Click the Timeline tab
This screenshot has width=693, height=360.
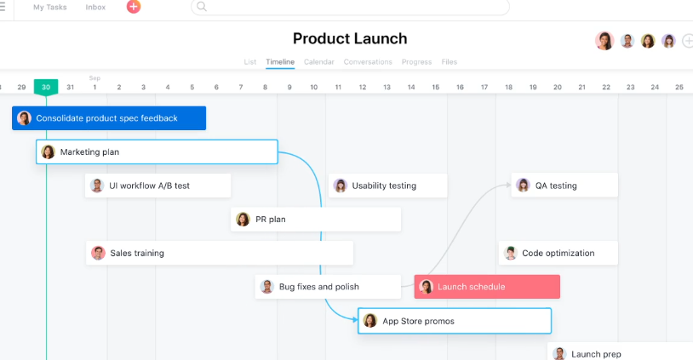click(280, 62)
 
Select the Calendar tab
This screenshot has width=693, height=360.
click(318, 62)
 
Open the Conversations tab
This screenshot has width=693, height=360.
click(368, 62)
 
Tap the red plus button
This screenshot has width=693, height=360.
click(134, 7)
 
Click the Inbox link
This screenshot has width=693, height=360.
click(95, 7)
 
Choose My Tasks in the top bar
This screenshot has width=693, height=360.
click(50, 7)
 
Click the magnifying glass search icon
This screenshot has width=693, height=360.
click(202, 7)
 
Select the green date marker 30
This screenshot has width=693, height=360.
click(46, 87)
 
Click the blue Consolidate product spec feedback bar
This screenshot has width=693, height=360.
click(109, 118)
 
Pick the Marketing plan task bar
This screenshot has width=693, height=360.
click(157, 152)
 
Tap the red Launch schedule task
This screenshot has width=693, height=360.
click(487, 287)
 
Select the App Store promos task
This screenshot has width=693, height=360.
click(455, 321)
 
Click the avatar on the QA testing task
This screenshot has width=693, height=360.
click(523, 185)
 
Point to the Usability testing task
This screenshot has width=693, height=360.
click(387, 186)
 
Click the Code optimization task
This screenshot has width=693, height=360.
click(558, 253)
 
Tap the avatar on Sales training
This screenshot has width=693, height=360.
click(98, 253)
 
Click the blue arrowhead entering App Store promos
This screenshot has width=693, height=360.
click(355, 319)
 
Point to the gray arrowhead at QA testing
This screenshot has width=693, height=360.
click(508, 185)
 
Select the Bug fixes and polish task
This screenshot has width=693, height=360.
click(328, 287)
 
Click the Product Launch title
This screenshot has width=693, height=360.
click(350, 39)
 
